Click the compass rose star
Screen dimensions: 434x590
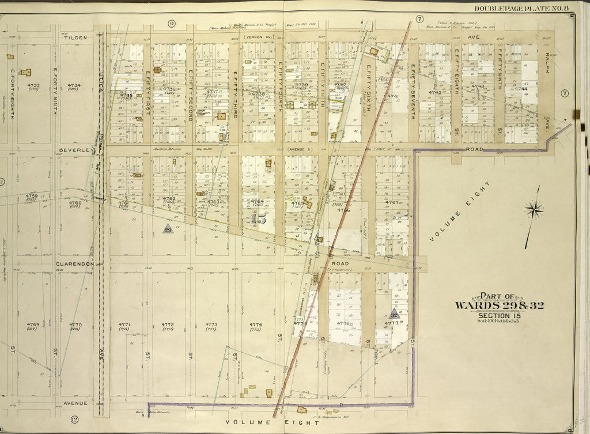(534, 210)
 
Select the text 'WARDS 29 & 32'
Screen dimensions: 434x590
(499, 305)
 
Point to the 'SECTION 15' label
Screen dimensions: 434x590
(499, 315)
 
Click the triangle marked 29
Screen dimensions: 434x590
(168, 229)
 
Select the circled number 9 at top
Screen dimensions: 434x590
(171, 23)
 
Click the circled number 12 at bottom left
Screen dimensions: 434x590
(74, 419)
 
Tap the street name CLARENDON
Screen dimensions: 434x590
(75, 264)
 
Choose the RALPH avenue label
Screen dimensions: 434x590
(548, 63)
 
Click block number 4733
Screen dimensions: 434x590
(33, 85)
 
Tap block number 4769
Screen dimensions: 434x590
(33, 324)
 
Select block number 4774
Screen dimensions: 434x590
(256, 324)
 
